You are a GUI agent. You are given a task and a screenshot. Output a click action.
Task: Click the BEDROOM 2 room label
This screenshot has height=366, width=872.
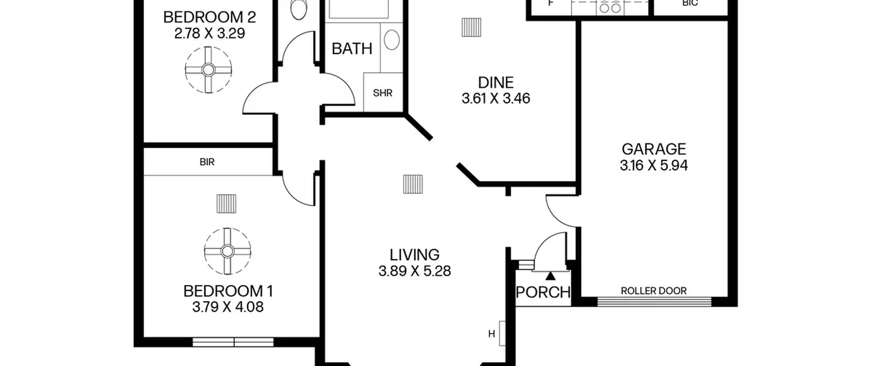[209, 17]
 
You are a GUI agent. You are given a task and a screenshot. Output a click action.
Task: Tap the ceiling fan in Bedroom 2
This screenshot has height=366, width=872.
[208, 70]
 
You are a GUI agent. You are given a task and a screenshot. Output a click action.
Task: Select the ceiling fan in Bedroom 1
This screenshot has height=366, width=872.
[227, 251]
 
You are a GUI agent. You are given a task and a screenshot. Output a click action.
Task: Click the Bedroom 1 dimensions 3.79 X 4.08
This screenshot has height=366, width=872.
[228, 307]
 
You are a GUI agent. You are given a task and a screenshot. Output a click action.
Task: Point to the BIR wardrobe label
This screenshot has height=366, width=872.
[207, 162]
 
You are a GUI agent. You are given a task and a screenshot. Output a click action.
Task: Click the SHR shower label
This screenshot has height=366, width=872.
[383, 93]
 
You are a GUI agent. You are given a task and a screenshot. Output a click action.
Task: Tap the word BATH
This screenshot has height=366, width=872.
[352, 49]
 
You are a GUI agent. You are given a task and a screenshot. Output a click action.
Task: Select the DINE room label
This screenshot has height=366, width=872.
[496, 83]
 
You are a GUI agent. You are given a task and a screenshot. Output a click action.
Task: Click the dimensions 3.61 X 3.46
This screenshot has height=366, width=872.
[496, 98]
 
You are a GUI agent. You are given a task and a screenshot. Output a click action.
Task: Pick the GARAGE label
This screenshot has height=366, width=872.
[654, 149]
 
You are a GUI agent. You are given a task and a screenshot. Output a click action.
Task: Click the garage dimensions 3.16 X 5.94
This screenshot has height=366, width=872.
[654, 165]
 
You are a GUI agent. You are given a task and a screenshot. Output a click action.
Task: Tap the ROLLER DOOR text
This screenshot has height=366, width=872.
[654, 291]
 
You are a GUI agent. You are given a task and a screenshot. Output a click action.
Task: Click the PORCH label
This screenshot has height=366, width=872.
[543, 292]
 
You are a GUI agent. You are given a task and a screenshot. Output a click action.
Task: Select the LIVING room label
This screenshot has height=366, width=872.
[414, 255]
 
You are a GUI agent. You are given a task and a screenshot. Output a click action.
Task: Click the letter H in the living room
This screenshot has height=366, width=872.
[491, 334]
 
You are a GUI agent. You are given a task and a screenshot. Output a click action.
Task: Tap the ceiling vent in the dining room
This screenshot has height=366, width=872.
[471, 27]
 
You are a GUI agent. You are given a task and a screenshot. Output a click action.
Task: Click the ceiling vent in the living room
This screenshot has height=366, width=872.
[413, 184]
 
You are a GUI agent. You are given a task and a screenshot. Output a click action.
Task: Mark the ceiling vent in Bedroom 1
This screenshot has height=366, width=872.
[226, 204]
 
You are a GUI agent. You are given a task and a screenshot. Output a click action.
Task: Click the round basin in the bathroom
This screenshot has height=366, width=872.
[392, 39]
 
